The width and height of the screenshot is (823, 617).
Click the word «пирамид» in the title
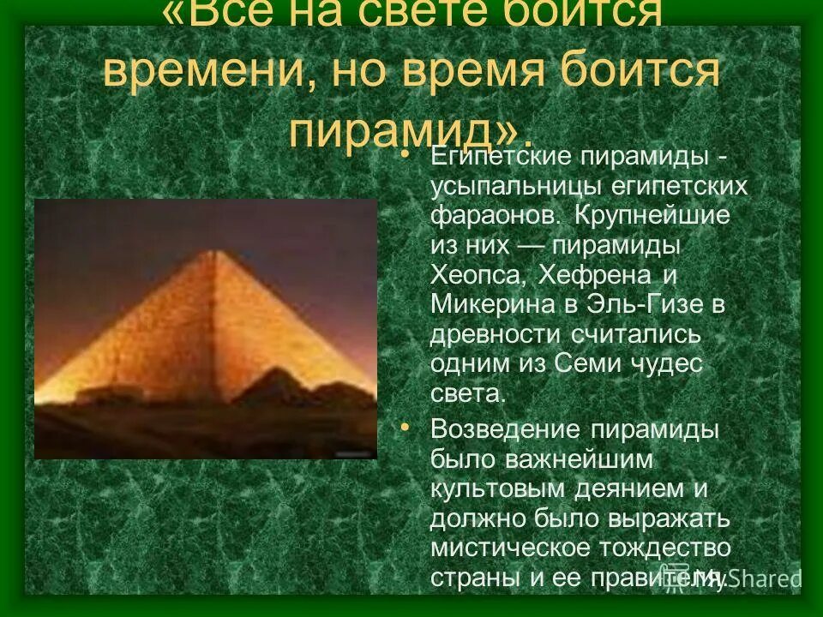[399, 129]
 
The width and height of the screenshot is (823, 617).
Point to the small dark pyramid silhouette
[283, 386]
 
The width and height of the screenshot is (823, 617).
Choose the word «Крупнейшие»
[652, 215]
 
